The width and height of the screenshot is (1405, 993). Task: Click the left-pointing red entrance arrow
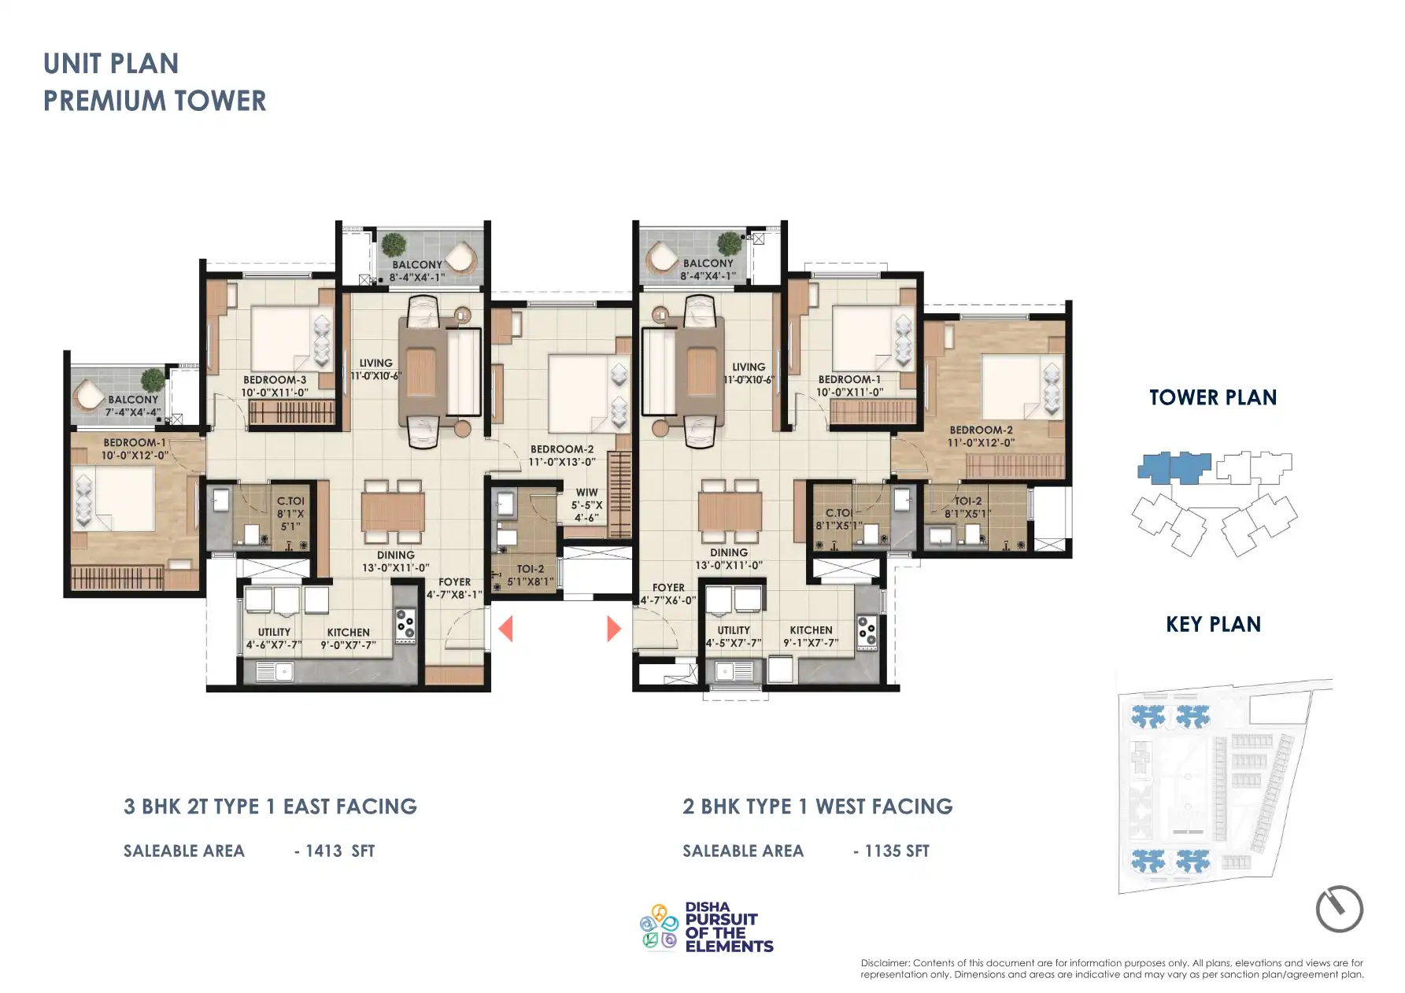[x=506, y=629]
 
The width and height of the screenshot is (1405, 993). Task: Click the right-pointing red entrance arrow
[x=613, y=629]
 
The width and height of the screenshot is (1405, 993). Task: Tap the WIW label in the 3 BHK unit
[x=586, y=493]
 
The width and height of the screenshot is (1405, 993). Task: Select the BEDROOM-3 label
[x=274, y=380]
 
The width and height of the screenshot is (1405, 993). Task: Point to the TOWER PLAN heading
[x=1212, y=398]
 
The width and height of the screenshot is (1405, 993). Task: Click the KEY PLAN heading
[x=1212, y=625]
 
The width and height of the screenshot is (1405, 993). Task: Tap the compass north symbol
[x=1339, y=910]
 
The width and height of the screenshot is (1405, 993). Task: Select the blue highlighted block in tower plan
[x=1173, y=467]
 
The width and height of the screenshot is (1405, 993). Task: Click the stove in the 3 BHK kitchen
[x=405, y=625]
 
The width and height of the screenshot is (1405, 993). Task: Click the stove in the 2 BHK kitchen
[x=866, y=632]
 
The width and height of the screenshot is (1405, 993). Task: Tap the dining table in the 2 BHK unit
[x=729, y=511]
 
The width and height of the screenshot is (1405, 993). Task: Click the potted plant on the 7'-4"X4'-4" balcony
[x=153, y=380]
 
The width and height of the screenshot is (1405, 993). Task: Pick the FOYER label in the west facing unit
[x=667, y=588]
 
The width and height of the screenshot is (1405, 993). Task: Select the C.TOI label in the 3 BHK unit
[x=290, y=501]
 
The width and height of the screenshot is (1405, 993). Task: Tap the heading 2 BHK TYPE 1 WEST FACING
[x=817, y=807]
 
